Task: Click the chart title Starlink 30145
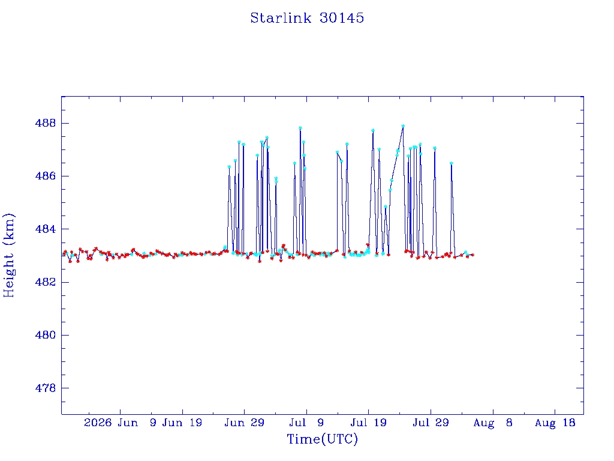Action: tap(307, 18)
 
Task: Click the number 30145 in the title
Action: tap(341, 18)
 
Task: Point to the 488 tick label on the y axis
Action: tap(46, 123)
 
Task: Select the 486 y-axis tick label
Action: tap(46, 176)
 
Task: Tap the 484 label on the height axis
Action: tap(46, 229)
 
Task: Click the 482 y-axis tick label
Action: tap(46, 282)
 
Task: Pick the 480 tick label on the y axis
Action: tap(46, 335)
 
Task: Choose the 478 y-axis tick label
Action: tap(46, 388)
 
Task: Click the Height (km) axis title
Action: tap(8, 255)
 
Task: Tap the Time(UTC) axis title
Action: tap(322, 439)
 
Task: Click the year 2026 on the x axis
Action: tap(98, 423)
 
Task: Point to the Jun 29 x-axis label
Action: tap(245, 423)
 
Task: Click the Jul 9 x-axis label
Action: tap(306, 423)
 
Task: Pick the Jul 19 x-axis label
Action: tap(368, 423)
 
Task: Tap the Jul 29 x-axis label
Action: tap(431, 423)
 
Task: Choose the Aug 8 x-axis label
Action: tap(493, 423)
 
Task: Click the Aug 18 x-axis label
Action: tap(555, 423)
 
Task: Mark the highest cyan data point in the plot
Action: tap(403, 126)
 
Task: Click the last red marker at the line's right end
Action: tap(472, 255)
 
